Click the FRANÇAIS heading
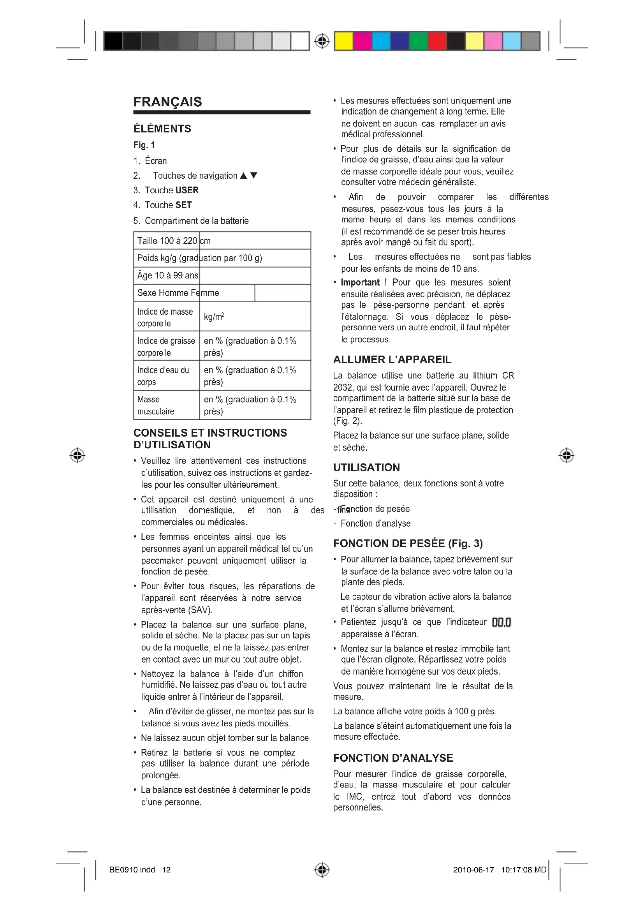pos(168,102)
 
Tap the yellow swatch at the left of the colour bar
pos(343,41)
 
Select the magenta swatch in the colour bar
pos(362,41)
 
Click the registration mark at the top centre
pos(322,41)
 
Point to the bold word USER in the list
pos(187,190)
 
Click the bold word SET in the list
pos(184,205)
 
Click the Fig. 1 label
pos(144,145)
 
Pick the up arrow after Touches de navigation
pos(243,176)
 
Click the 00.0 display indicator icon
pos(501,622)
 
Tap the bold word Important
pos(360,282)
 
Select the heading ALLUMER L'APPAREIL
pos(392,359)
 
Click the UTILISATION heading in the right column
pos(366,467)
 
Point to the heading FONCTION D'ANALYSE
pos(393,758)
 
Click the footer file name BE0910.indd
pos(132,870)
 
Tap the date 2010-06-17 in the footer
pos(473,870)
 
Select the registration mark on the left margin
pos(77,456)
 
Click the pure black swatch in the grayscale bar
pos(113,41)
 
